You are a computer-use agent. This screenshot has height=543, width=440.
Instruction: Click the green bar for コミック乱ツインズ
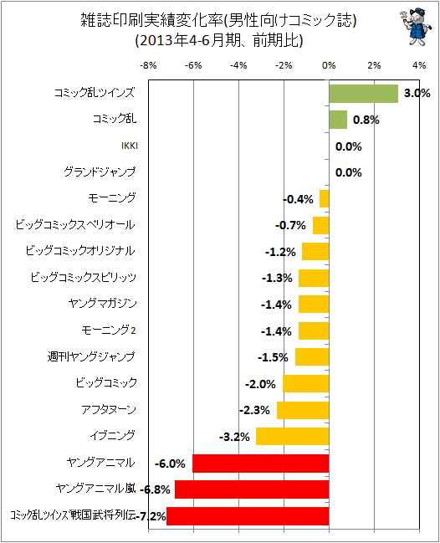364,94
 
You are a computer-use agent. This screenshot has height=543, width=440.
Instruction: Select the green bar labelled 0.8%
338,120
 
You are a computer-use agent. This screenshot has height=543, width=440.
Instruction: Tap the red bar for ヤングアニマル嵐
252,489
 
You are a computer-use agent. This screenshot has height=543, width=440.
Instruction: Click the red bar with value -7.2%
248,516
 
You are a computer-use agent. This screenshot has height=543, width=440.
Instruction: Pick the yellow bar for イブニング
292,437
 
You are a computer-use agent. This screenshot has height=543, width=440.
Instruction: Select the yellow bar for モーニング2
314,330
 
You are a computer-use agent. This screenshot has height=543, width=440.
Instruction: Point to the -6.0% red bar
261,464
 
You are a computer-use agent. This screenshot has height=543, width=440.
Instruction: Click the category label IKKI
130,146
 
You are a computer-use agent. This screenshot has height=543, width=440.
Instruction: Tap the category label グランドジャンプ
100,172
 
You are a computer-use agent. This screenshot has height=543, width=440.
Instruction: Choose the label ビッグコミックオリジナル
80,250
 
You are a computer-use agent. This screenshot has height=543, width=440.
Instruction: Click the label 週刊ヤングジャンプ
91,356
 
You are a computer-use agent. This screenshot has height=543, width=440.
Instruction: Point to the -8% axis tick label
148,65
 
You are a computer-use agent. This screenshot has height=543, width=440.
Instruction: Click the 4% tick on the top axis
419,65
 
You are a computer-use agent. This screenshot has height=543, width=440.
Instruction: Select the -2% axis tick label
284,65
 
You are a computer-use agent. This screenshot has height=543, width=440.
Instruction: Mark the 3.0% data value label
417,93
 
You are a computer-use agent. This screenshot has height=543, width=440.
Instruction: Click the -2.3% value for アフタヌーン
254,410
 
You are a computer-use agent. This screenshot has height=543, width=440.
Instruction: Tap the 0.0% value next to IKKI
349,146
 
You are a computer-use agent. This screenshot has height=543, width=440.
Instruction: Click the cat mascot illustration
416,27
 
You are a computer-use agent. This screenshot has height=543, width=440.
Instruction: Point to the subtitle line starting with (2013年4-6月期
219,40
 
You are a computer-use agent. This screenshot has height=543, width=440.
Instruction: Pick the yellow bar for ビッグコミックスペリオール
321,225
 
